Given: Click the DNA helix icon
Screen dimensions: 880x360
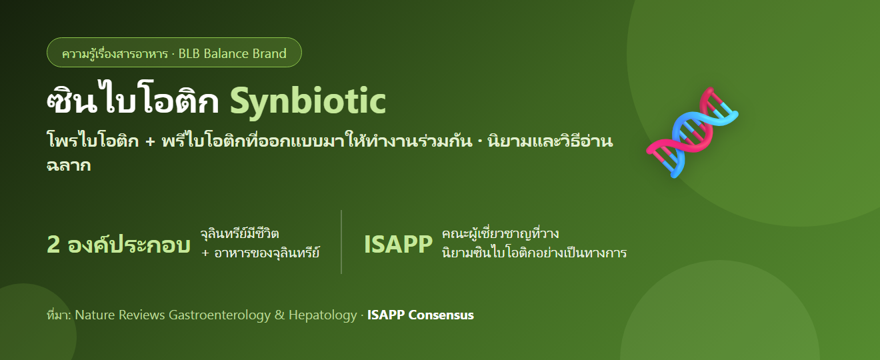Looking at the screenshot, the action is tap(692, 132).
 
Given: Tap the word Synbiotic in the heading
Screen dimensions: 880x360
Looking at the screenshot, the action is tap(307, 101).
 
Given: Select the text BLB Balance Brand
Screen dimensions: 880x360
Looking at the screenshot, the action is tap(233, 53).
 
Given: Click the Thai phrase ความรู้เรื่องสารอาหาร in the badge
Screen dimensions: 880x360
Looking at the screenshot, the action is tap(115, 53).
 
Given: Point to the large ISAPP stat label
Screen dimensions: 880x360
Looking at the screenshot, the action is tap(398, 245).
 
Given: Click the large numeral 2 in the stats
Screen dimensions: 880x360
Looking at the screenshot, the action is tap(53, 245).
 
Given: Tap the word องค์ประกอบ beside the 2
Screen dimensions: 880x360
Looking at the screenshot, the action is tap(129, 245).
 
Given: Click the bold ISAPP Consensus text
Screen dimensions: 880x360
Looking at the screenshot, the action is tap(421, 315).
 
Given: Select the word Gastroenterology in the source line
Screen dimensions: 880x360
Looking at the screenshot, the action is tap(219, 315).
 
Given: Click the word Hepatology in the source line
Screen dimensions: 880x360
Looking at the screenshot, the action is tap(323, 315).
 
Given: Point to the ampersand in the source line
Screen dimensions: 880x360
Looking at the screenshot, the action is tap(279, 315).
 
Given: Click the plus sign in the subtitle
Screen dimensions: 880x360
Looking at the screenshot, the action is tap(150, 141).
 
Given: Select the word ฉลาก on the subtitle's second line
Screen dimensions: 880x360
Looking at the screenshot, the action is tap(69, 165).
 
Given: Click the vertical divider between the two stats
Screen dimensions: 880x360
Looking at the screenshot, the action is tap(341, 242).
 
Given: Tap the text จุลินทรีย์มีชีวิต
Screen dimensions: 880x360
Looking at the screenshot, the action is tap(239, 233).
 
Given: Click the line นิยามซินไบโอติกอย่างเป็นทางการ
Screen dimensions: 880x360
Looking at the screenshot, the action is tap(534, 253).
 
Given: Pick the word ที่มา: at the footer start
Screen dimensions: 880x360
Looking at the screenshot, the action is tap(59, 315).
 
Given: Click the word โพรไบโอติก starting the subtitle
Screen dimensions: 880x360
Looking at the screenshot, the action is tap(93, 141).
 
